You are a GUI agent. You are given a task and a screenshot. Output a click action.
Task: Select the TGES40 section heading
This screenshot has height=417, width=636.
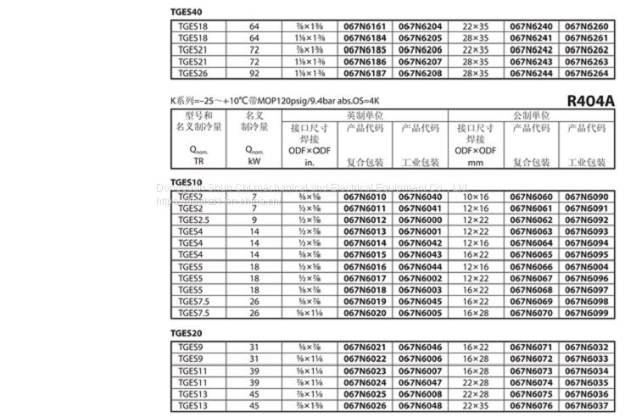coord(186,12)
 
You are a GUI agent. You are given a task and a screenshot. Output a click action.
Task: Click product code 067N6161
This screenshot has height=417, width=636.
coord(365,26)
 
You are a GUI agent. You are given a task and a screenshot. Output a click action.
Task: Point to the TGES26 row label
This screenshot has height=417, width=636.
coord(192,74)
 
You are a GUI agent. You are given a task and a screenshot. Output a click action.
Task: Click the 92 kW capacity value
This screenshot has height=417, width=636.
coord(254,74)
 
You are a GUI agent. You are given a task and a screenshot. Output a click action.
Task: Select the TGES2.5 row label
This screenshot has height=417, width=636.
coord(194,220)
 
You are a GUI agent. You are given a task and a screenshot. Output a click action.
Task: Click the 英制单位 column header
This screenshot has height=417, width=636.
coord(365,115)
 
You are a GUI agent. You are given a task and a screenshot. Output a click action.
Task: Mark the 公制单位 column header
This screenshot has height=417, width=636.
coord(531,115)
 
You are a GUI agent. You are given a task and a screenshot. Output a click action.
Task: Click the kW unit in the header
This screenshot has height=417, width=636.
coord(254,161)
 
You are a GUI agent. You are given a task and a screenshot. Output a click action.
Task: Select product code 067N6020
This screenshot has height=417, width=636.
coord(365,313)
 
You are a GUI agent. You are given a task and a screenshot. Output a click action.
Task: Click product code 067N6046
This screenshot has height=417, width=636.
coord(421,347)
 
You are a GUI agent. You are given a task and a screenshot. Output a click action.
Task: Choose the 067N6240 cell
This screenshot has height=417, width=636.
coord(531,26)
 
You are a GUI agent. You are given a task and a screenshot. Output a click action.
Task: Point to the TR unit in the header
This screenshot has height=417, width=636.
coord(198,161)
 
